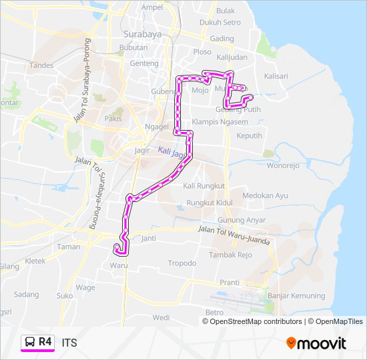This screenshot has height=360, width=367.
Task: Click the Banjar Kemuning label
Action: tap(296, 295)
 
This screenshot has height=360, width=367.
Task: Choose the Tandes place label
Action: tap(41, 65)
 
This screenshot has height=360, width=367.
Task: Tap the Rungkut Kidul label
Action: tap(209, 202)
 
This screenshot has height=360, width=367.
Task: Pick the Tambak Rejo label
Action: tap(230, 255)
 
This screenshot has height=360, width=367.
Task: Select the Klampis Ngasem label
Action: tap(214, 122)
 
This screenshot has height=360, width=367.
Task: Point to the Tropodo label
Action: tap(182, 263)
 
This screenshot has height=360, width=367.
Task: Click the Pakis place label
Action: tap(113, 119)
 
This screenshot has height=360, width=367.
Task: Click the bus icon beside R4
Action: tap(30, 342)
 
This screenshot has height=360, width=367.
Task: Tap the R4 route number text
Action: tap(45, 342)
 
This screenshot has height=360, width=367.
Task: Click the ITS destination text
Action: tap(69, 343)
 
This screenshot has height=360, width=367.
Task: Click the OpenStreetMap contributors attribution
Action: tap(256, 321)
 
